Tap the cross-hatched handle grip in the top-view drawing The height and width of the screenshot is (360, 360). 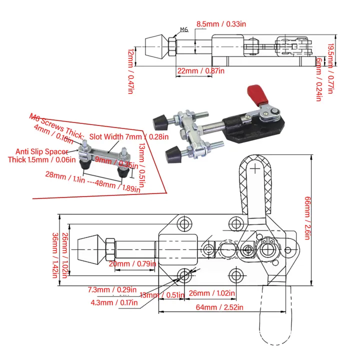pyautogui.click(x=256, y=185)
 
